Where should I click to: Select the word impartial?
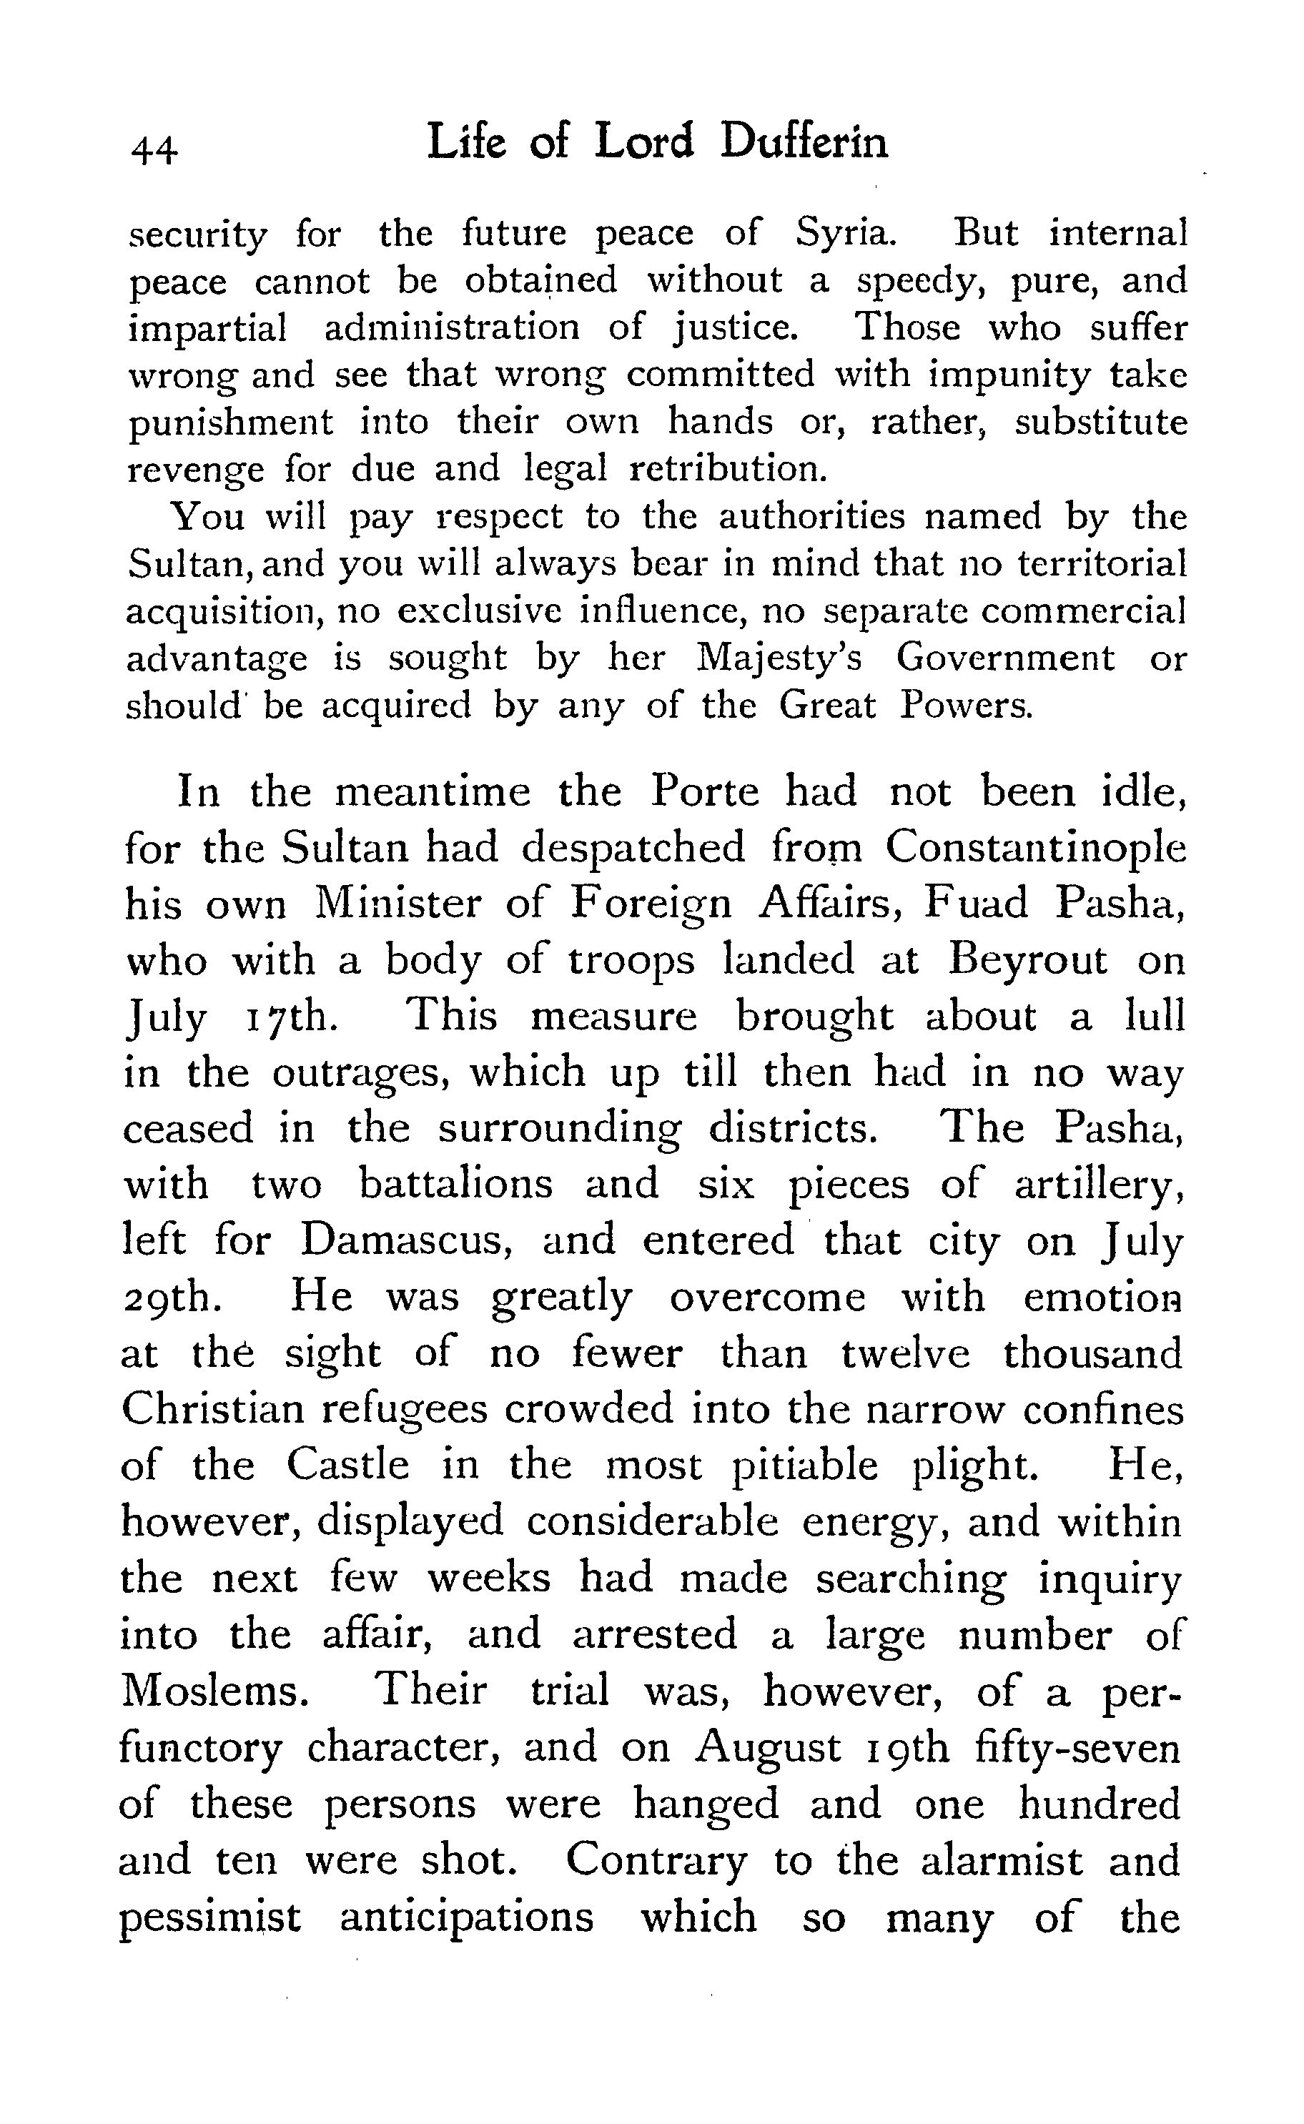pyautogui.click(x=207, y=327)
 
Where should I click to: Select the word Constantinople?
pyautogui.click(x=1036, y=847)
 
